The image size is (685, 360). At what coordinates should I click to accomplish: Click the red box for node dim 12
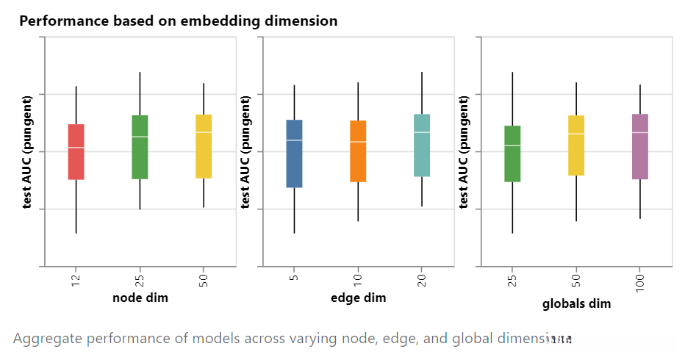click(76, 151)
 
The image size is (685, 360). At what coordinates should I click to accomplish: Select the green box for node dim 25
click(140, 147)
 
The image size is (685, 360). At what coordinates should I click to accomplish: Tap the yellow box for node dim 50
click(204, 146)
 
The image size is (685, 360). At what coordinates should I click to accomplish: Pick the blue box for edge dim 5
click(294, 154)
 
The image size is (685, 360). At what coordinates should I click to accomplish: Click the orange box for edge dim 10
click(358, 151)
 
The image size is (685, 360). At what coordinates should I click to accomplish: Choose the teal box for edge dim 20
click(422, 145)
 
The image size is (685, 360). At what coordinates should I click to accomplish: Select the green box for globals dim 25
click(512, 154)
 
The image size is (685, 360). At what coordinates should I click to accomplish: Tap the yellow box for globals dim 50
click(576, 145)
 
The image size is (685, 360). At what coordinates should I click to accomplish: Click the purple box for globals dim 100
click(640, 146)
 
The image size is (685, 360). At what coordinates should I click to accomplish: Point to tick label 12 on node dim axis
click(76, 279)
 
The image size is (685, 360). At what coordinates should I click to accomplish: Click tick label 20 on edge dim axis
click(422, 279)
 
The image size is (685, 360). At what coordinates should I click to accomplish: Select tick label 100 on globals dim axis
click(640, 281)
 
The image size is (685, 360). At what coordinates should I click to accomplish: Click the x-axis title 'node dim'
click(140, 298)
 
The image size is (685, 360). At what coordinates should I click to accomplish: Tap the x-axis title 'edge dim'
click(358, 298)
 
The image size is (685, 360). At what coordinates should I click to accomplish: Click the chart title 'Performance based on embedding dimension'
click(179, 21)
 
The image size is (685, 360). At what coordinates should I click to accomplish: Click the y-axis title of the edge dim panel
click(245, 151)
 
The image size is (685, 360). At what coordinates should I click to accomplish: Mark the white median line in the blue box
click(294, 140)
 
